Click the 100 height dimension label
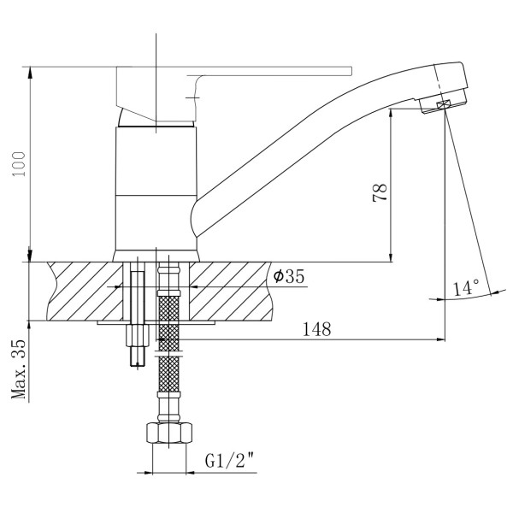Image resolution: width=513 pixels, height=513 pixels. (20, 164)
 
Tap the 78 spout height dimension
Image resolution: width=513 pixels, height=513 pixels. (380, 192)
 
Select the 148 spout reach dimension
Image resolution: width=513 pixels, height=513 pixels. (316, 329)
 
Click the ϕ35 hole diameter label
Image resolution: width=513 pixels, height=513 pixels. (289, 276)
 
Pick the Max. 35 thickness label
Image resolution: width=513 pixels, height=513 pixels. (19, 369)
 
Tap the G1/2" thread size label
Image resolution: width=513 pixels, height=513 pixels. (229, 461)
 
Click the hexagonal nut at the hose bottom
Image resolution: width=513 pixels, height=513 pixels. (168, 433)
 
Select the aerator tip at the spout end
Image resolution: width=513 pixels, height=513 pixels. (442, 104)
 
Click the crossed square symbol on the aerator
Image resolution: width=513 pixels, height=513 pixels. (443, 105)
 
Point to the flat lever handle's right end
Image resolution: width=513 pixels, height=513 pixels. (351, 71)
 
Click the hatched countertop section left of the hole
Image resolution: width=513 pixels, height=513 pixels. (85, 292)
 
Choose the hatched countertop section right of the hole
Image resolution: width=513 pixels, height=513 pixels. (230, 292)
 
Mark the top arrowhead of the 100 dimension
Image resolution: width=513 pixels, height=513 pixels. (30, 73)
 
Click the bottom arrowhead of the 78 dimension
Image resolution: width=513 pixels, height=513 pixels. (391, 256)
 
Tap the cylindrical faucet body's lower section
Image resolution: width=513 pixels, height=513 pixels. (156, 223)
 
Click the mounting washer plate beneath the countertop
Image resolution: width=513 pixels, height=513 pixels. (156, 322)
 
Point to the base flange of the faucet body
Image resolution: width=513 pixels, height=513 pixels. (156, 256)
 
